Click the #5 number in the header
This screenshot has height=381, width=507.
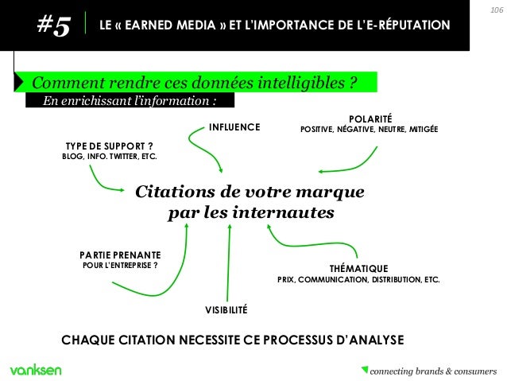pos(53,26)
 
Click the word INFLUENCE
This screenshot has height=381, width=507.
pos(234,126)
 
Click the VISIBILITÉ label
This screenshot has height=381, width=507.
pos(227,309)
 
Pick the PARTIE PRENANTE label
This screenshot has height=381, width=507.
pos(121,255)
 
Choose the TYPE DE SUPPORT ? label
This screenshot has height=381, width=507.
pos(108,146)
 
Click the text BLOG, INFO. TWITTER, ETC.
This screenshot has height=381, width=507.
pos(110,156)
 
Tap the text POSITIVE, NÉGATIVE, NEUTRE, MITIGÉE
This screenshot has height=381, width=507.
pos(369,129)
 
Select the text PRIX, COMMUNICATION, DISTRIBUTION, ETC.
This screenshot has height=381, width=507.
pos(358,280)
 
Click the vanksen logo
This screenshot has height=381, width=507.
pos(36,370)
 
